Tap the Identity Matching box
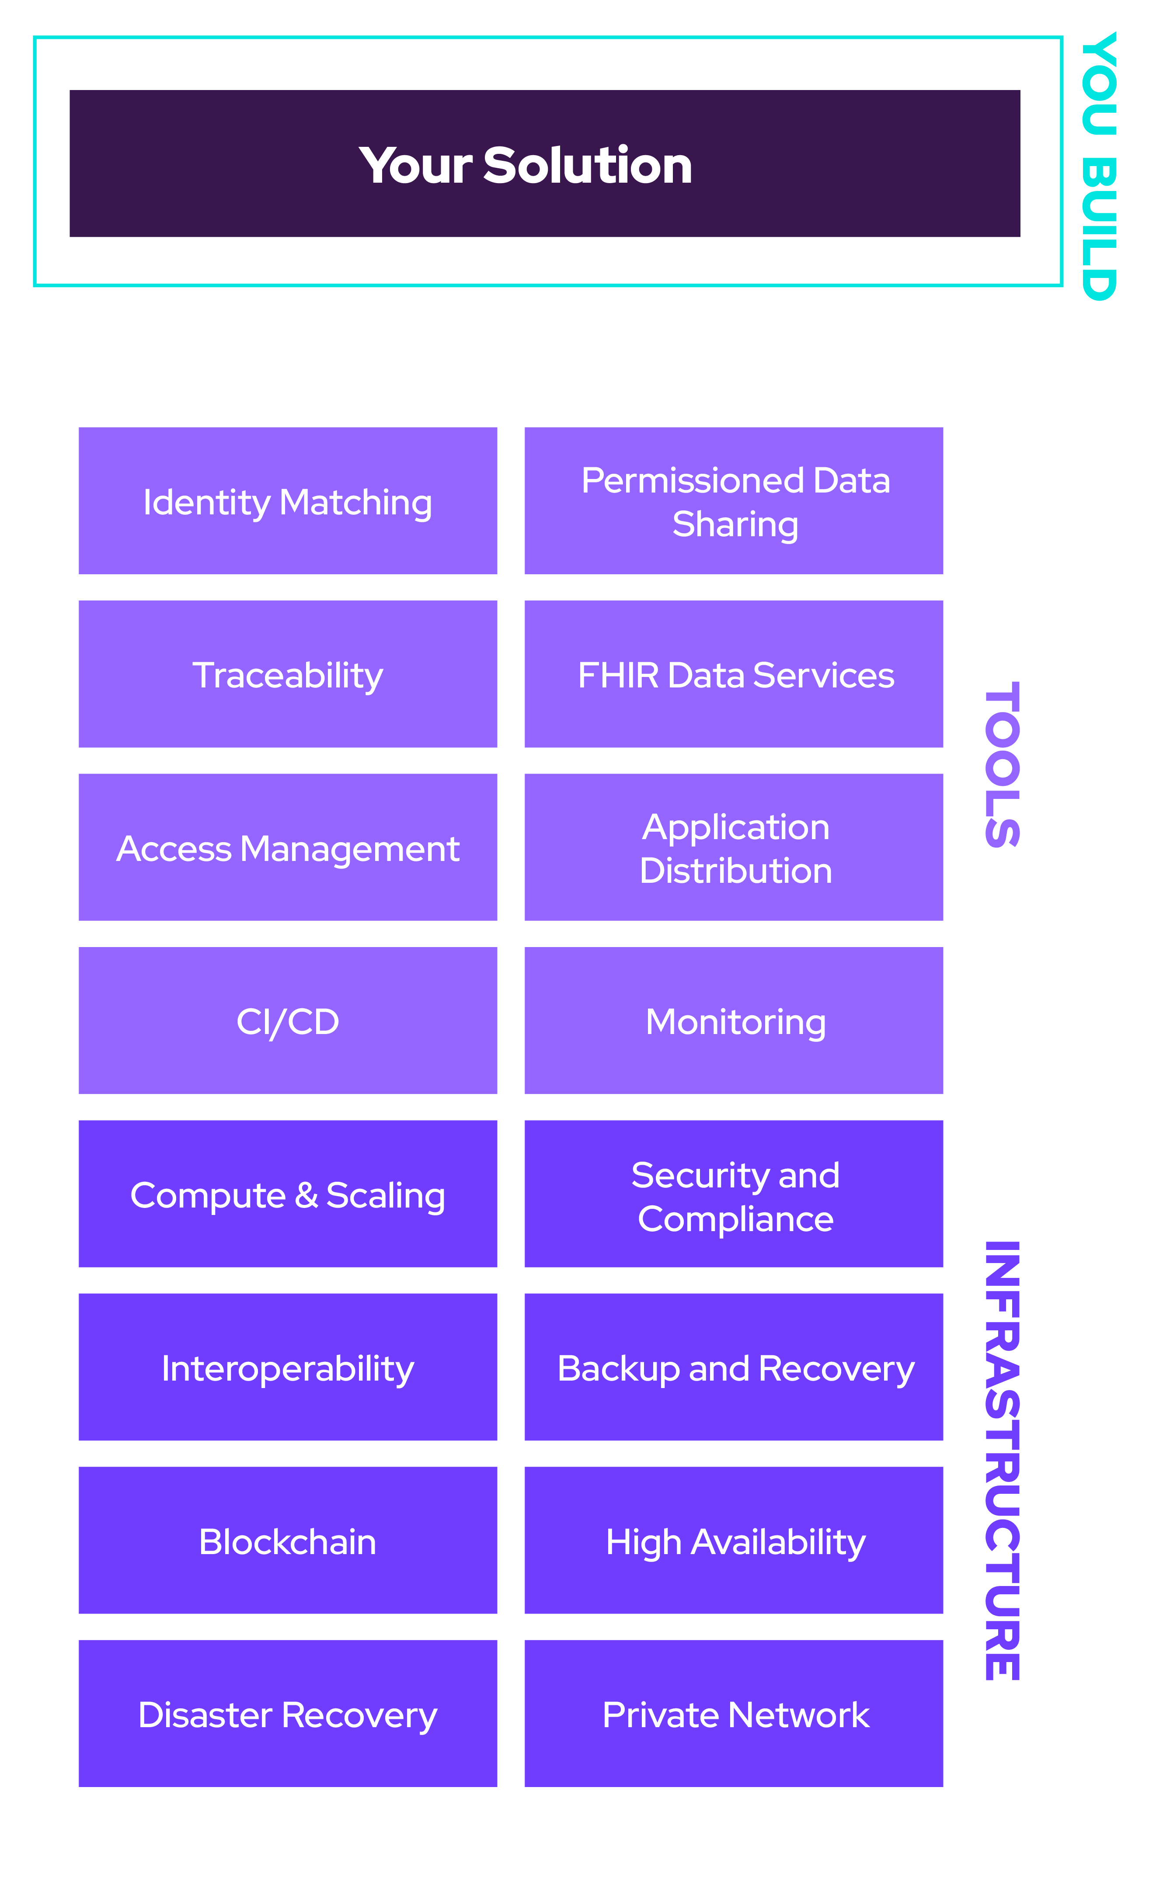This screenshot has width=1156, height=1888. [x=287, y=500]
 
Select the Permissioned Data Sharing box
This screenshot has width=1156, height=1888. [x=734, y=500]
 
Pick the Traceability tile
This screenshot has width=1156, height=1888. [x=287, y=673]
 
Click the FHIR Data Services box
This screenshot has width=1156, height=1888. [x=734, y=673]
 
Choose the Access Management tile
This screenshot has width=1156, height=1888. [x=287, y=847]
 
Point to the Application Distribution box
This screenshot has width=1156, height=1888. [x=734, y=847]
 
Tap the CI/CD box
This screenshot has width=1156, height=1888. [x=287, y=1020]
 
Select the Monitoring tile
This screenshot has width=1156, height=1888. [x=734, y=1020]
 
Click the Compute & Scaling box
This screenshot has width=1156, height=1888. [x=287, y=1193]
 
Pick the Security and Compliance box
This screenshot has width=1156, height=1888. [x=734, y=1193]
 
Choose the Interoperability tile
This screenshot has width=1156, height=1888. [x=287, y=1366]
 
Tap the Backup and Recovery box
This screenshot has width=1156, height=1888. [x=734, y=1366]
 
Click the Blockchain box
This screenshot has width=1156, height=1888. [x=287, y=1539]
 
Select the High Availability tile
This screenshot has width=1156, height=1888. [x=734, y=1539]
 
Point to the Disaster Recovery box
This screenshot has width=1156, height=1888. [x=287, y=1713]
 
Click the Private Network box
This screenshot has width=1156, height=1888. [x=734, y=1713]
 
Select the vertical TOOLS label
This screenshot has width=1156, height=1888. [x=1002, y=764]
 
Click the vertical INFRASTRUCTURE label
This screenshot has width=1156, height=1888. [x=1002, y=1461]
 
